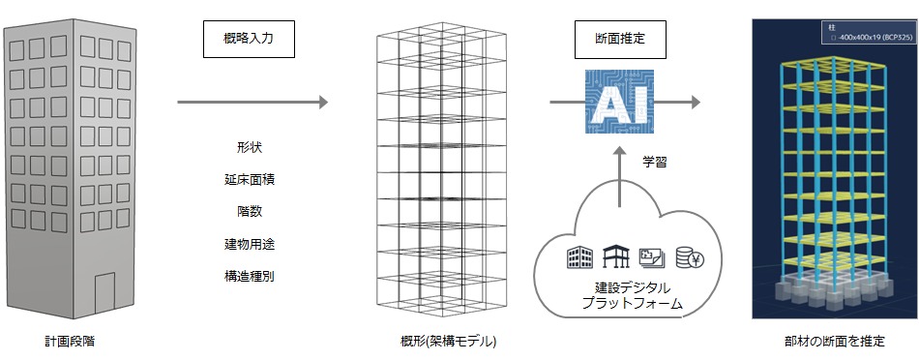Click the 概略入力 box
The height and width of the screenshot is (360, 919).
pyautogui.click(x=248, y=40)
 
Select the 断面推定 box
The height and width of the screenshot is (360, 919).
pyautogui.click(x=618, y=40)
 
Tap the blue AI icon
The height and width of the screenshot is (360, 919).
pyautogui.click(x=618, y=101)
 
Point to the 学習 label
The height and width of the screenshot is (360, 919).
pyautogui.click(x=655, y=162)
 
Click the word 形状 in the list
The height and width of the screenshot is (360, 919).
pyautogui.click(x=249, y=149)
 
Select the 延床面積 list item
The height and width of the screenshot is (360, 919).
pyautogui.click(x=249, y=180)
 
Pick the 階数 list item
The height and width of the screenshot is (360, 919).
pyautogui.click(x=249, y=212)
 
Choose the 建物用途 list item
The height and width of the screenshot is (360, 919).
pyautogui.click(x=249, y=244)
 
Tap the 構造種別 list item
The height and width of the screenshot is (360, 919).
pyautogui.click(x=249, y=276)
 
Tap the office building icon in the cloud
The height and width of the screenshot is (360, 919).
pyautogui.click(x=580, y=256)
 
